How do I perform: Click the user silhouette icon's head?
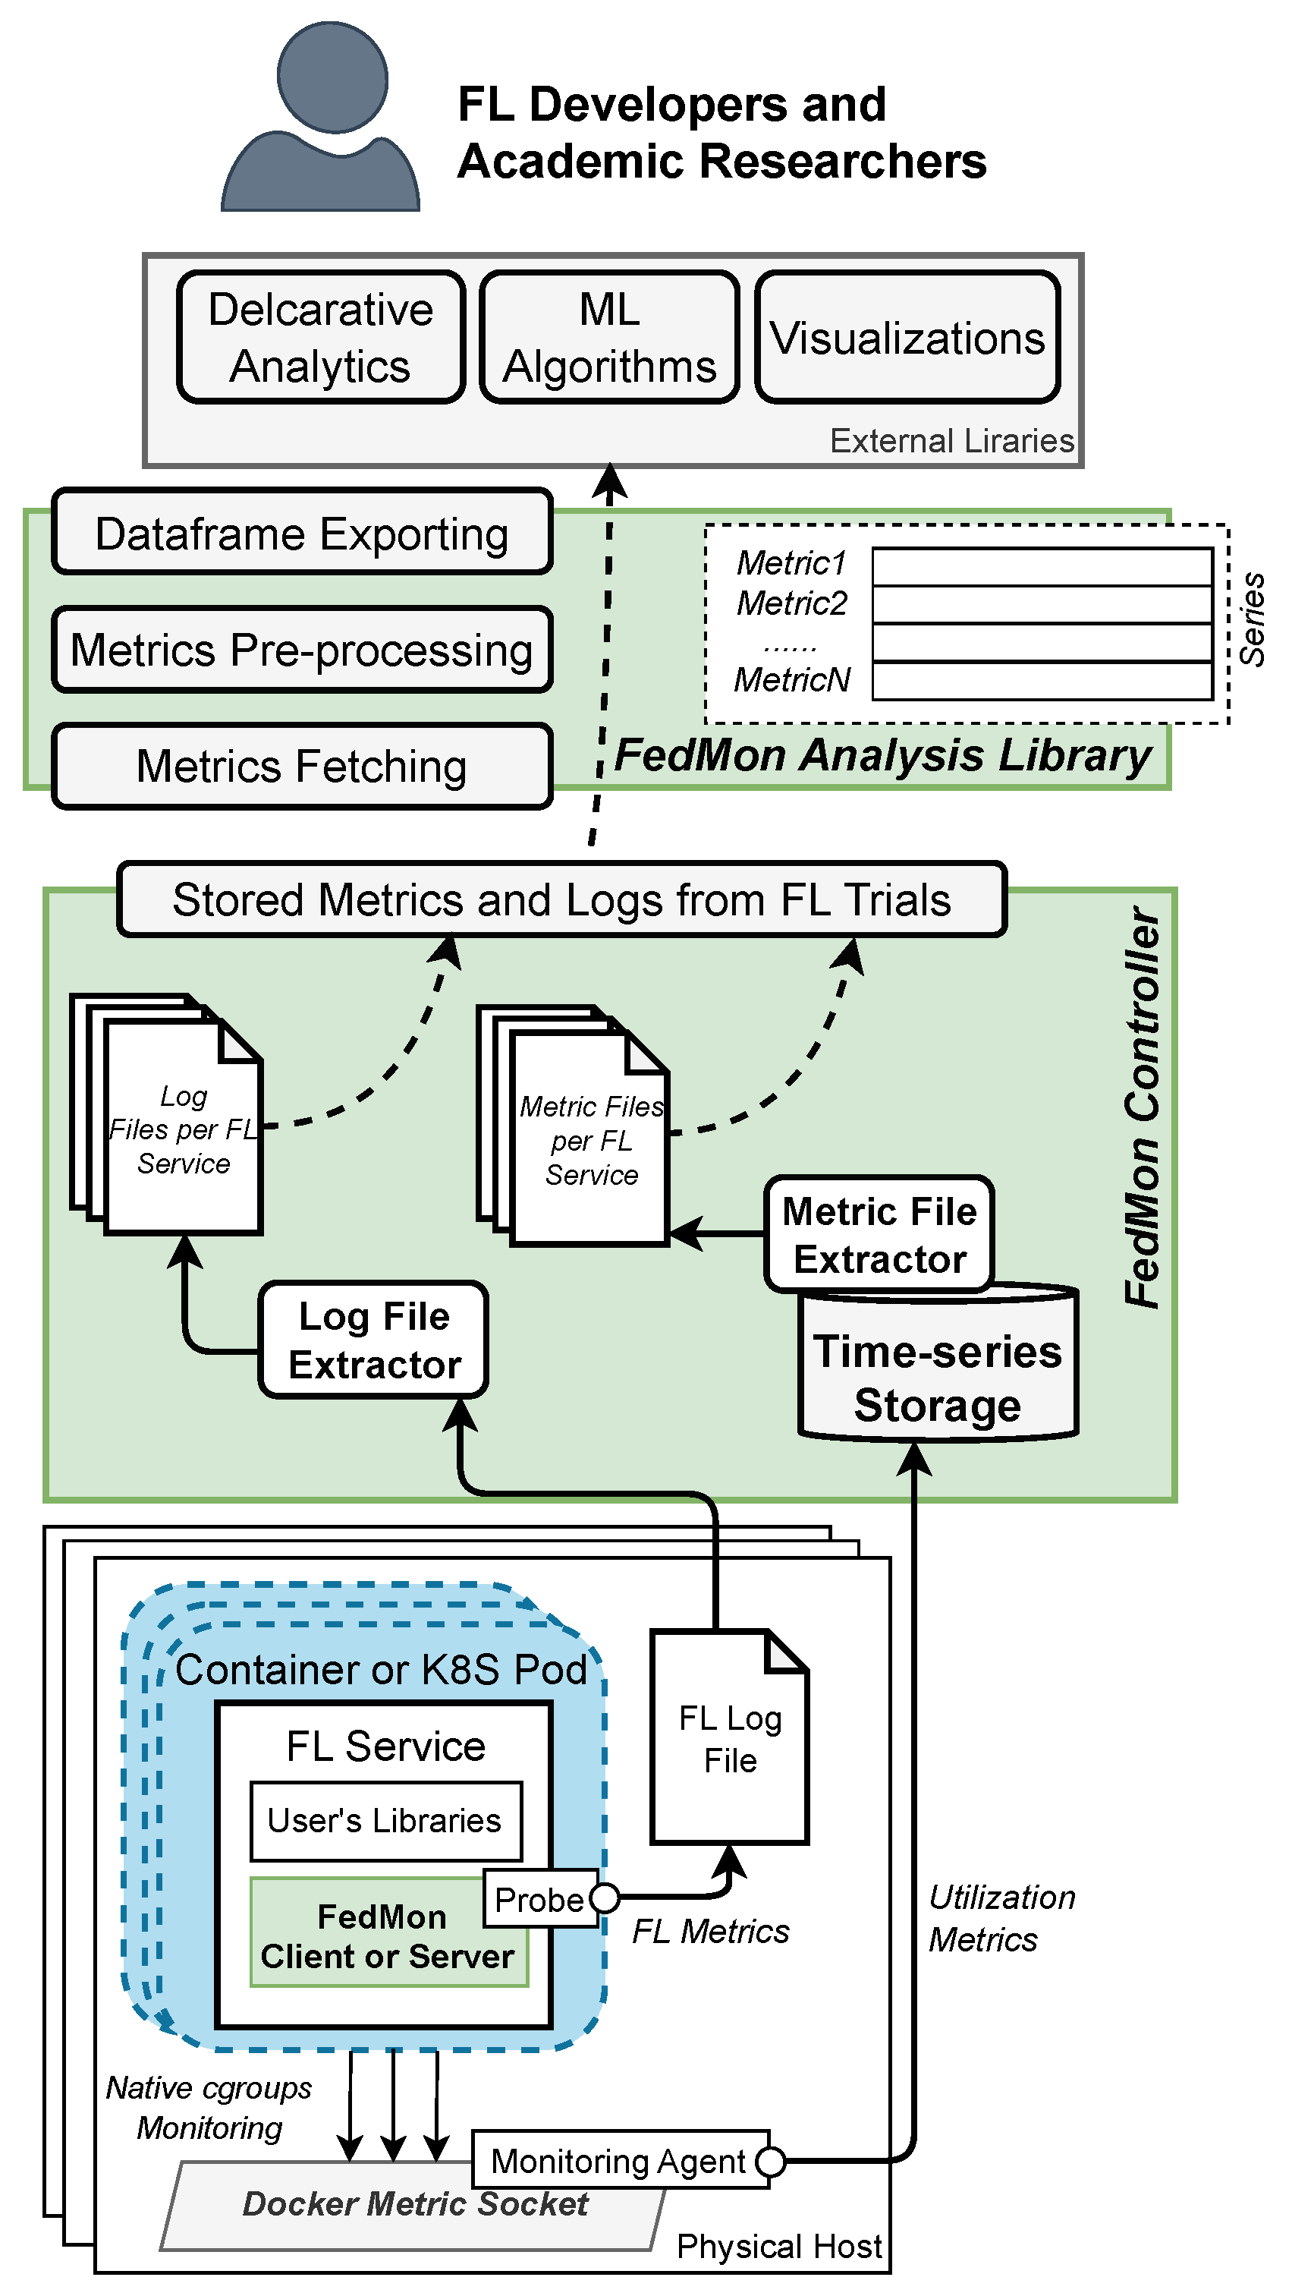[332, 77]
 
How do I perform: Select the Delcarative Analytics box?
[321, 337]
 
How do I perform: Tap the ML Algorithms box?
[609, 337]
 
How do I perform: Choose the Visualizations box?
[907, 338]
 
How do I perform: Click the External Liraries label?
[951, 440]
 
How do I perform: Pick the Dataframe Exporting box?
[302, 533]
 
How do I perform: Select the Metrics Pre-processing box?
[302, 649]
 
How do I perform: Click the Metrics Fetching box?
[302, 766]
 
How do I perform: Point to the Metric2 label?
[791, 603]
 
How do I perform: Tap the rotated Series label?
[1252, 619]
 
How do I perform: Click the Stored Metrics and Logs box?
[561, 899]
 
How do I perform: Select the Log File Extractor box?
[373, 1340]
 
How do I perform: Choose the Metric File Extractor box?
[879, 1234]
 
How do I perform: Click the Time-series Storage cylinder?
[938, 1379]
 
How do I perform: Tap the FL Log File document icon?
[730, 1738]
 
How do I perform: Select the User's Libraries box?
[385, 1820]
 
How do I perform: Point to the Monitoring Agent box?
[618, 2162]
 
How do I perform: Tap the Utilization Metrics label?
[1001, 1918]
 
